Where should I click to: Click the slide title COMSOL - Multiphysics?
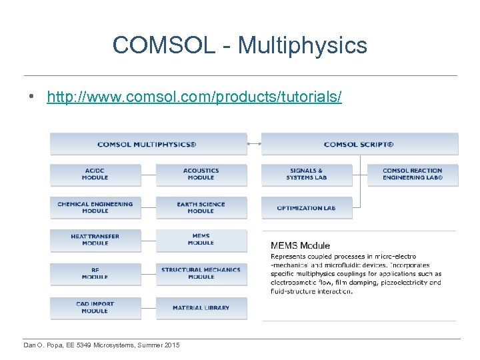240,45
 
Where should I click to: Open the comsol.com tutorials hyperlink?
194,97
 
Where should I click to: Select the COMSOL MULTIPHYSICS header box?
148,144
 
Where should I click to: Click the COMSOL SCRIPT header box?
359,144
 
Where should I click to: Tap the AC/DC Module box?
95,175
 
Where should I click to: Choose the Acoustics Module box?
201,175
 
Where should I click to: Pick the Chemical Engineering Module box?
95,207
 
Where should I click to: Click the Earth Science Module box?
201,207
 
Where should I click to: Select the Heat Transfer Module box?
95,240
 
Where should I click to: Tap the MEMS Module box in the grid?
201,240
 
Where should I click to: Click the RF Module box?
95,273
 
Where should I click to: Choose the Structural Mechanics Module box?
201,273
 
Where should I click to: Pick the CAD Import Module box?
95,307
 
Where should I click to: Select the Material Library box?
201,307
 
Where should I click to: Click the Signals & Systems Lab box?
307,175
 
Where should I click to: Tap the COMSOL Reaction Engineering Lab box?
413,175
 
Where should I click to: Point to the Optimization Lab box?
307,207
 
